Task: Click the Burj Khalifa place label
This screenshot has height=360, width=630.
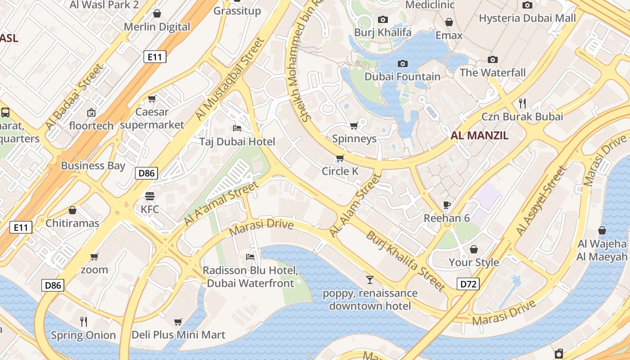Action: pos(382,32)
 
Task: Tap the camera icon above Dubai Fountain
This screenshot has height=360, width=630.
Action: pos(403,63)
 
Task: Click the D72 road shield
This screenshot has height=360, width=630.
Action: pos(468,284)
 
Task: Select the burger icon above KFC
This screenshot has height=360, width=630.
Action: pos(150,196)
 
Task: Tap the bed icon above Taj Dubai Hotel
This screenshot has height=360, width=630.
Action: pos(237,128)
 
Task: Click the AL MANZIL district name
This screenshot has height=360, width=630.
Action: pos(479,135)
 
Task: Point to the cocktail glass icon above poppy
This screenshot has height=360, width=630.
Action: pos(370,280)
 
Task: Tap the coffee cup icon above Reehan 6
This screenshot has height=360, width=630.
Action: pos(447,205)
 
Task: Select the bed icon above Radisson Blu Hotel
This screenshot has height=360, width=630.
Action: pos(250,257)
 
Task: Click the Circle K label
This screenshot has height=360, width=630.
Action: pos(340,171)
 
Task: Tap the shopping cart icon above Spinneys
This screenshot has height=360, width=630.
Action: pos(354,125)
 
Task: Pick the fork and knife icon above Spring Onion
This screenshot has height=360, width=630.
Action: pos(83,321)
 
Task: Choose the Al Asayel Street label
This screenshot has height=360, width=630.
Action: pos(540,201)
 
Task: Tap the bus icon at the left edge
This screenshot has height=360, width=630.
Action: pos(5,112)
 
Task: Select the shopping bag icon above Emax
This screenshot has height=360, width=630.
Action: pos(449,22)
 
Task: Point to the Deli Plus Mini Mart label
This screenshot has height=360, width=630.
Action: pos(178,335)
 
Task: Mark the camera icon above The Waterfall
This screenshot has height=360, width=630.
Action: pos(493,59)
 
